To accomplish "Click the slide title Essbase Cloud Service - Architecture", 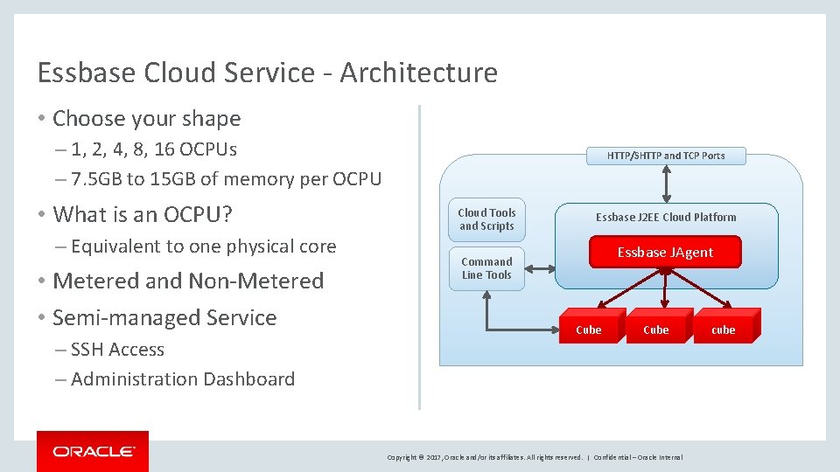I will pyautogui.click(x=267, y=73).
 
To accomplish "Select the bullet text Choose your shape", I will pyautogui.click(x=146, y=118).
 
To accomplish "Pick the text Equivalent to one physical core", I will pyautogui.click(x=203, y=246).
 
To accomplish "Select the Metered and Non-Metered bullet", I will pyautogui.click(x=188, y=281).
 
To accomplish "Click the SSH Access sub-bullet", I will pyautogui.click(x=117, y=350).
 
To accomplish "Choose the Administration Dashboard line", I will pyautogui.click(x=182, y=379).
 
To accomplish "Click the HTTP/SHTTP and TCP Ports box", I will pyautogui.click(x=666, y=156).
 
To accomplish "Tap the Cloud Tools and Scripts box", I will pyautogui.click(x=486, y=219).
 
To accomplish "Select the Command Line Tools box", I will pyautogui.click(x=486, y=268).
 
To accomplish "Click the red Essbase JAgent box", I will pyautogui.click(x=665, y=252).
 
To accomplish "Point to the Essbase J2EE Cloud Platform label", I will pyautogui.click(x=666, y=217).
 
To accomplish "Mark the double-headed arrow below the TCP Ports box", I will pyautogui.click(x=667, y=184).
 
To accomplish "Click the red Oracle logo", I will pyautogui.click(x=93, y=451).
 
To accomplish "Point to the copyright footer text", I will pyautogui.click(x=535, y=457).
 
